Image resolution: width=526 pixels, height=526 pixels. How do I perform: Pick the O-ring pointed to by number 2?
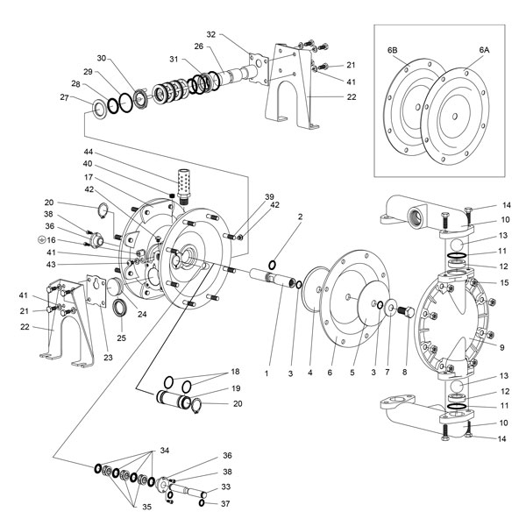tap(274, 265)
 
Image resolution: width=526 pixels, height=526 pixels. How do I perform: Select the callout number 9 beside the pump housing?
tap(501, 348)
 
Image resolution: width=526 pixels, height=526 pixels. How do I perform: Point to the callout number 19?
tap(236, 387)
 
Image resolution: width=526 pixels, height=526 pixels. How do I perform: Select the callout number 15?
tap(501, 282)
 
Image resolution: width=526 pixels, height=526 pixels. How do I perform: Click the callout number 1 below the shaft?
tap(265, 373)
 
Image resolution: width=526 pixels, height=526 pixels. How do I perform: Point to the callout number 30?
tap(102, 59)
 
